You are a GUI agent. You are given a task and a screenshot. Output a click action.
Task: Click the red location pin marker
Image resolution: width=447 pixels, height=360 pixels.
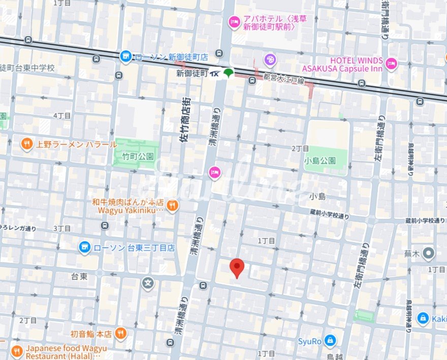pos(237,267)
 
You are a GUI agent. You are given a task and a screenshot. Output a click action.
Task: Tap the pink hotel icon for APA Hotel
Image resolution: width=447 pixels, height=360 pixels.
pos(234,21)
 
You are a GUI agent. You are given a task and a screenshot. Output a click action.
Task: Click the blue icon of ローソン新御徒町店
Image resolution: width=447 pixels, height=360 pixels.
pos(126,57)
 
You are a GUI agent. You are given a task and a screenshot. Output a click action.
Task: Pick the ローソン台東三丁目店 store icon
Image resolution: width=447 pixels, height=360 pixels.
pos(85,248)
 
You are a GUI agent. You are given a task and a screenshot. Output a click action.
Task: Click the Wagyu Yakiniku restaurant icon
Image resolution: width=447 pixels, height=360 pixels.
pos(173,205)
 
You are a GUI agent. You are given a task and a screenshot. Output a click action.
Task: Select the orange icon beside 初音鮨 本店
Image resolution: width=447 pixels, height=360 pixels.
pos(120,334)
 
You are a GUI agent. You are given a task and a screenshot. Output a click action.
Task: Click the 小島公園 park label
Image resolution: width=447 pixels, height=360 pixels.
pos(320,160)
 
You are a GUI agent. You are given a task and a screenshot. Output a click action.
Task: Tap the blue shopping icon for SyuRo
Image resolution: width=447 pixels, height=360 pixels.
pos(330,340)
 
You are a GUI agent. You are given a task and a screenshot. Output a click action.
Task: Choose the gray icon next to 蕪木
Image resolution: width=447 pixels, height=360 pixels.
pos(429,252)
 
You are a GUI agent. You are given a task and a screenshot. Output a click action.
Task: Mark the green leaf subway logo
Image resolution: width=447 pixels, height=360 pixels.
pos(229,73)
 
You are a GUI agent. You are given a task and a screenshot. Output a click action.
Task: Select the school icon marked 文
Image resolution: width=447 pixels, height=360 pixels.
pos(148,282)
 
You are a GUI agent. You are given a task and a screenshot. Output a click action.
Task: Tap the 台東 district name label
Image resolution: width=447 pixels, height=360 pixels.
pos(79,276)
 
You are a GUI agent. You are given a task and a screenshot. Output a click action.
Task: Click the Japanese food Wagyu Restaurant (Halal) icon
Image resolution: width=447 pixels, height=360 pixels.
pos(17,351)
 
